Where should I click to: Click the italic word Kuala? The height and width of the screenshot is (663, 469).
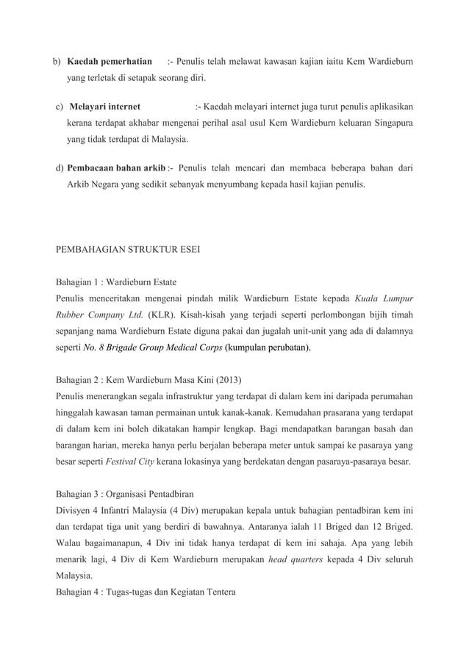pos(368,298)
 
